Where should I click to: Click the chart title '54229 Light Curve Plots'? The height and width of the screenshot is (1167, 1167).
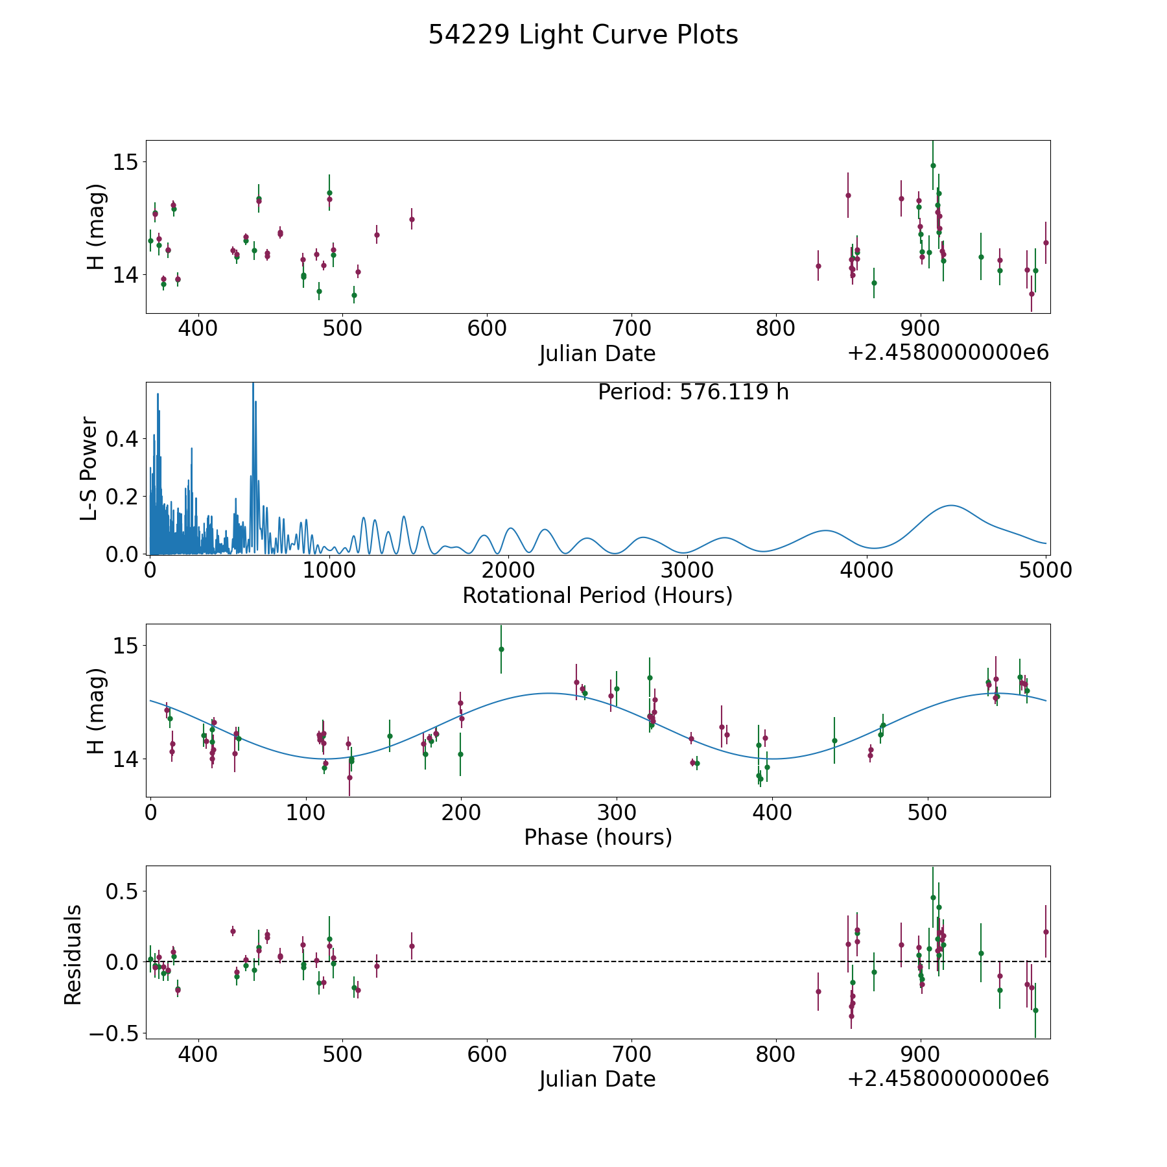point(583,35)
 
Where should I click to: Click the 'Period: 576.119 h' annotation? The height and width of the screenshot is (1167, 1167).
point(693,392)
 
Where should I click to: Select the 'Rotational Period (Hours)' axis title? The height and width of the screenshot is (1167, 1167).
point(597,595)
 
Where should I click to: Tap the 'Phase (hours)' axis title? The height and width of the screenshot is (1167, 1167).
point(598,837)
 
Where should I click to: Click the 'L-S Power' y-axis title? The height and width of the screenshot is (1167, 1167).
point(89,468)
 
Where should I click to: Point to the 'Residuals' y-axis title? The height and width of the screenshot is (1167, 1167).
point(73,954)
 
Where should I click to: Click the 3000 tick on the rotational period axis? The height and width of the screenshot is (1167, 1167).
point(687,571)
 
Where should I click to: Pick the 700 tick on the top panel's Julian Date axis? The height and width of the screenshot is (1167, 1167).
point(631,329)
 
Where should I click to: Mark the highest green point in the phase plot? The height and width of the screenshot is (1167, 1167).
point(501,649)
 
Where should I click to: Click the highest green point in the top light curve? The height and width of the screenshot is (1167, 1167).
point(933,165)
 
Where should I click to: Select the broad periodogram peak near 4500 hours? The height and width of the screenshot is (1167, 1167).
point(951,506)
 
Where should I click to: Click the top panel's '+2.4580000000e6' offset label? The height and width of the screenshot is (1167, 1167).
point(948,353)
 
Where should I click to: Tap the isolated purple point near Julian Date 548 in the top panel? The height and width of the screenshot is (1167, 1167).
point(412,219)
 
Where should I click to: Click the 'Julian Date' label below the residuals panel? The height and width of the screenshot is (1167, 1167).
point(597,1079)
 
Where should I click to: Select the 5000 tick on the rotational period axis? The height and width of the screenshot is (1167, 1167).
point(1045,571)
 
